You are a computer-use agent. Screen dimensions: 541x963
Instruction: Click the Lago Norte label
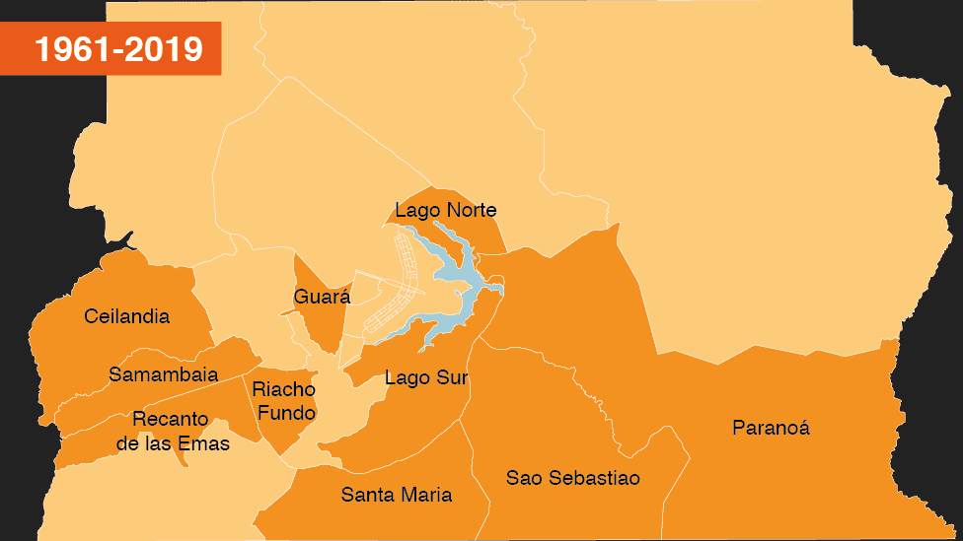tap(445, 210)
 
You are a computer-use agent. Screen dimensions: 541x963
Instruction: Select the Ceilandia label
tap(127, 316)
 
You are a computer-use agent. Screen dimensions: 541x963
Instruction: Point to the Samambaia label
tap(163, 374)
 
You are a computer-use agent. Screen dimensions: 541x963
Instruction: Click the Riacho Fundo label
tap(284, 400)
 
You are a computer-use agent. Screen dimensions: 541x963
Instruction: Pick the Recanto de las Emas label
tap(173, 431)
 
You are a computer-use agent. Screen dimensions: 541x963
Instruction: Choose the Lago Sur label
tap(426, 377)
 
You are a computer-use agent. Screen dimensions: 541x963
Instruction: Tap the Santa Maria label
tap(397, 495)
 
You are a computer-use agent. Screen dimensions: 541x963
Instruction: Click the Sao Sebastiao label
tap(573, 478)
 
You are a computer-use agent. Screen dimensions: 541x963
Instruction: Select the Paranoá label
tap(771, 428)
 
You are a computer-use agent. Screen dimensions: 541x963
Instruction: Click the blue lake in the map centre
tap(464, 287)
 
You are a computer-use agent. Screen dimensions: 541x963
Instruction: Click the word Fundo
tap(287, 412)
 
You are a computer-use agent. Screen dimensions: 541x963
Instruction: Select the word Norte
tap(471, 210)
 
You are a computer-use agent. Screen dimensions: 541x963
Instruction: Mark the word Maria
tap(426, 495)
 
